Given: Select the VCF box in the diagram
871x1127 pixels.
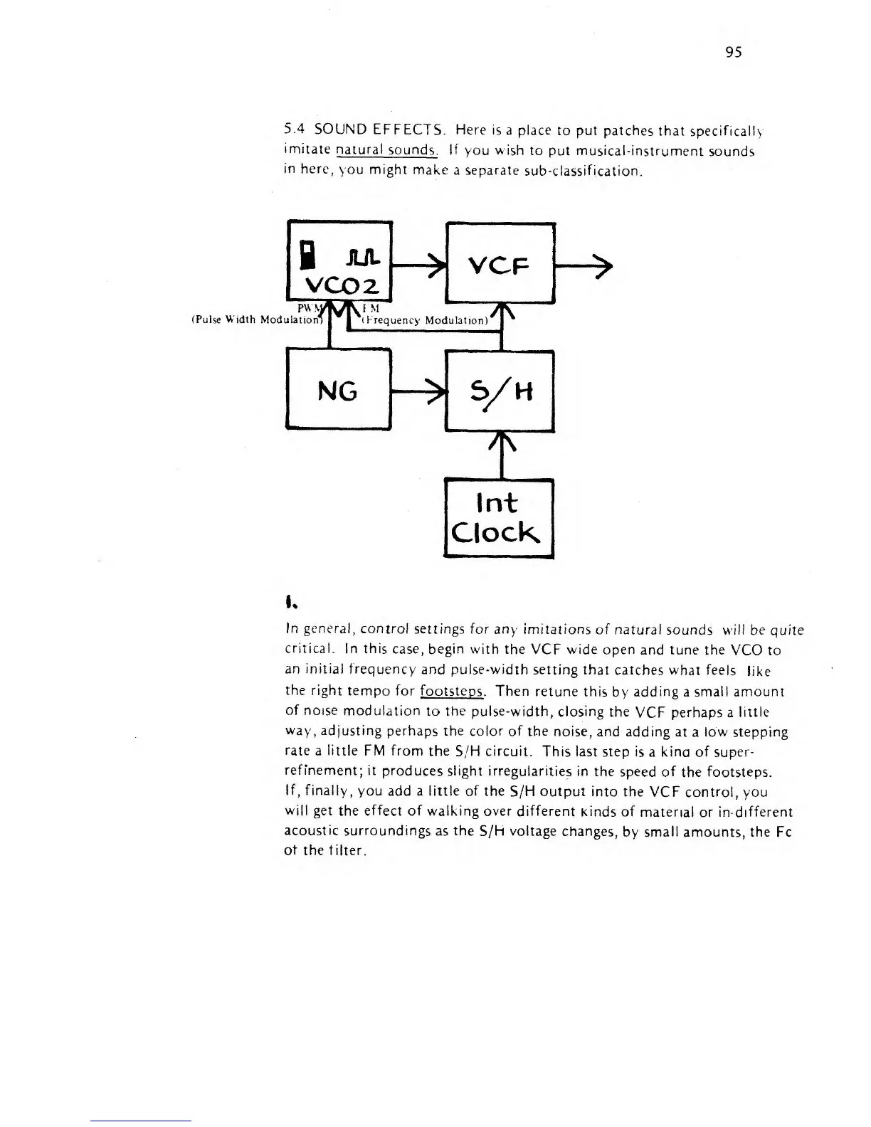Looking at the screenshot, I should pyautogui.click(x=499, y=263).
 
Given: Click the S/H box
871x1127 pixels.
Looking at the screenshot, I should pyautogui.click(x=499, y=391).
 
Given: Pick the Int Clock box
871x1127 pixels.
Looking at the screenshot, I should pyautogui.click(x=498, y=518).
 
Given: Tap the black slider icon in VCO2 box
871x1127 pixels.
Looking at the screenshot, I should pyautogui.click(x=307, y=255).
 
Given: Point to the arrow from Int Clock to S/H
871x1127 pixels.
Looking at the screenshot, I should pyautogui.click(x=502, y=454).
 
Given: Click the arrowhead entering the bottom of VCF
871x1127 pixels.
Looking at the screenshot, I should pyautogui.click(x=502, y=314).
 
